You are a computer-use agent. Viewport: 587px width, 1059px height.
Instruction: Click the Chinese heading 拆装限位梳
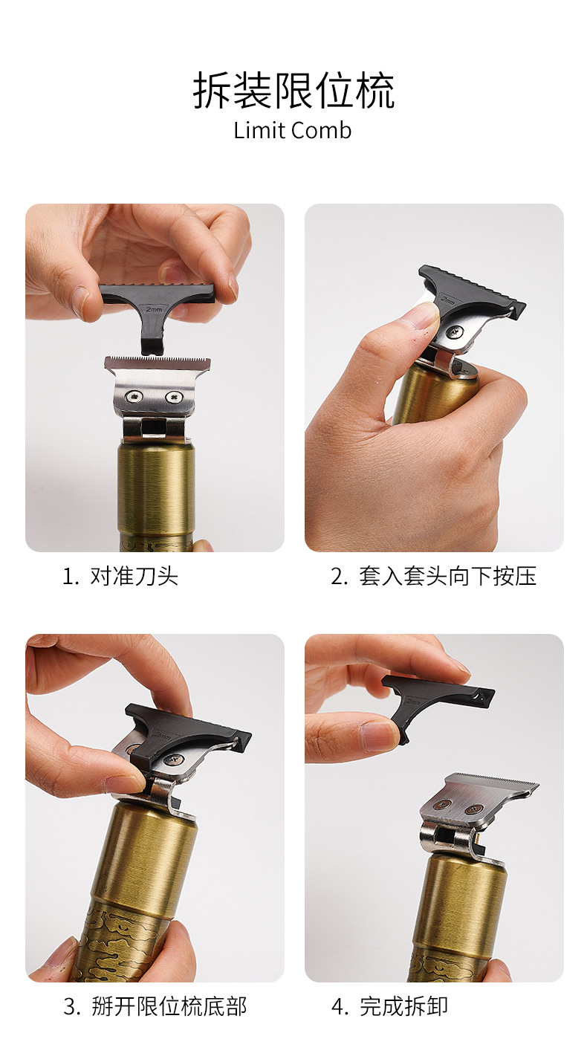pyautogui.click(x=293, y=91)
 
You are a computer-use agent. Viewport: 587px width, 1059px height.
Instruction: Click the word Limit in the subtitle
pyautogui.click(x=259, y=131)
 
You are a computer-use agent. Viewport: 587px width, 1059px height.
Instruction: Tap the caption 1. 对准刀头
pyautogui.click(x=120, y=576)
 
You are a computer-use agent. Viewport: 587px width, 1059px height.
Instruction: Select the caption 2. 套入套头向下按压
pyautogui.click(x=433, y=576)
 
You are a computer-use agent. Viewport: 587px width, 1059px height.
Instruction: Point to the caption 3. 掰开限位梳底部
pyautogui.click(x=155, y=1006)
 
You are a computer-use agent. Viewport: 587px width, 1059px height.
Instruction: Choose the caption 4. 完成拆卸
pyautogui.click(x=389, y=1006)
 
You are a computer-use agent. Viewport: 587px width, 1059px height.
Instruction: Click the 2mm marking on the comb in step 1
pyautogui.click(x=154, y=309)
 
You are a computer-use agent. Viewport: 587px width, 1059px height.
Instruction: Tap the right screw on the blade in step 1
pyautogui.click(x=174, y=397)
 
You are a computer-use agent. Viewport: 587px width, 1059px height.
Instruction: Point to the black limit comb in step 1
pyautogui.click(x=156, y=312)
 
